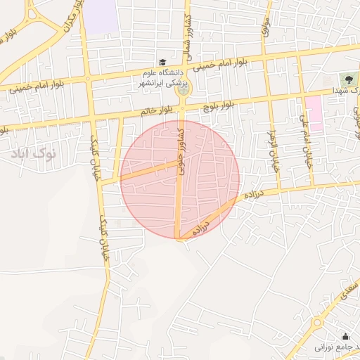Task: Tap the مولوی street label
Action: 265,30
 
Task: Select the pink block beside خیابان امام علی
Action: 314,113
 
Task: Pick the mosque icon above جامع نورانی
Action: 345,336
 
